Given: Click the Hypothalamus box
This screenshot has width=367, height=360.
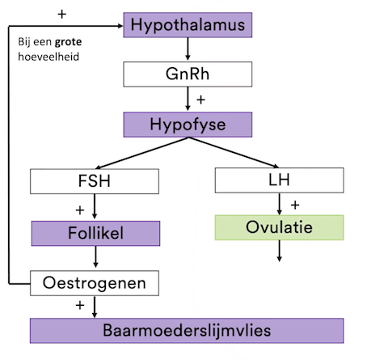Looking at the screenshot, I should click(x=187, y=26).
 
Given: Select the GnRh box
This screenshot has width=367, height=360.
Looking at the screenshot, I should click(x=187, y=74).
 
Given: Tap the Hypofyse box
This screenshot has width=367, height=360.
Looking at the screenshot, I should click(x=187, y=125).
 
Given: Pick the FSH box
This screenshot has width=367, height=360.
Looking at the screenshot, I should click(x=95, y=180).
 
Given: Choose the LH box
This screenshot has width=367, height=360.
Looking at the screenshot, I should click(x=278, y=180).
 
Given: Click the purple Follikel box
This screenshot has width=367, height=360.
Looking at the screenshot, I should click(x=95, y=235).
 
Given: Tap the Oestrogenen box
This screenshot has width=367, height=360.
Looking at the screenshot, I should click(x=95, y=283).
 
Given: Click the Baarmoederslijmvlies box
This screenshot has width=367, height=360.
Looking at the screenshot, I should click(x=187, y=331).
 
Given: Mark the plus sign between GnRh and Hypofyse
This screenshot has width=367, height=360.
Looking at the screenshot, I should click(x=201, y=100).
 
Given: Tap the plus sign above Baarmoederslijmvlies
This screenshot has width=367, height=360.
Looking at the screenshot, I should click(x=80, y=306).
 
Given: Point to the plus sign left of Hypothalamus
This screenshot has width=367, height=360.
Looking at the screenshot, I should click(x=61, y=15).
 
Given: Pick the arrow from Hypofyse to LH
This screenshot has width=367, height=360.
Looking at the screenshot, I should click(x=234, y=153).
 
